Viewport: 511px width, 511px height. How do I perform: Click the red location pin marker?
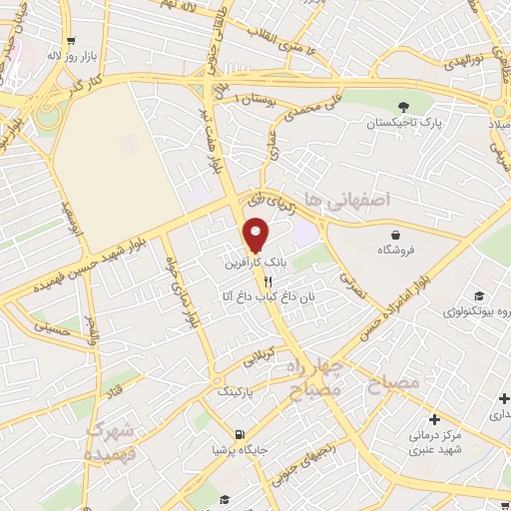tap(256, 235)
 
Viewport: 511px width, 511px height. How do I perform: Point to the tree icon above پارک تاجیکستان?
tap(403, 107)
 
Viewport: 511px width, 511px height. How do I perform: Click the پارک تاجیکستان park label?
tap(403, 123)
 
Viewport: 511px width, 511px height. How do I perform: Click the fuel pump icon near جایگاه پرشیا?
tap(239, 434)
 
